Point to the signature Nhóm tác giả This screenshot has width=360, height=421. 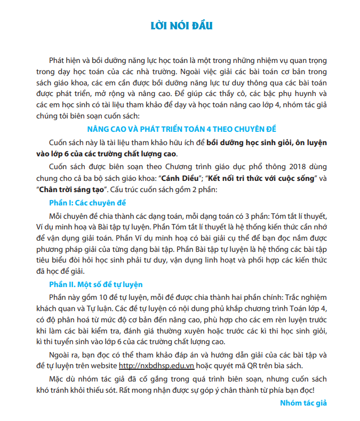coord(303,403)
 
